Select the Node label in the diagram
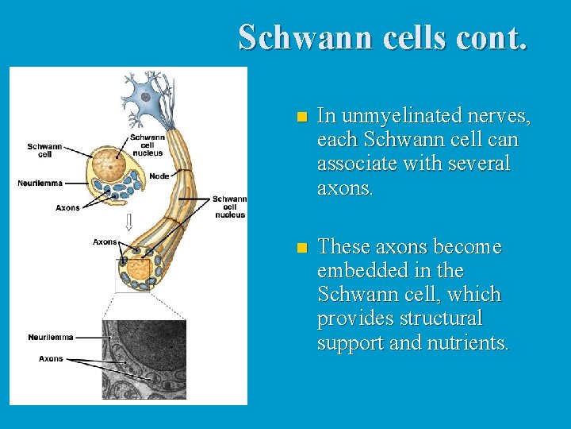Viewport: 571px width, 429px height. click(x=159, y=176)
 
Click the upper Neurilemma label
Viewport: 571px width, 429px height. click(x=40, y=184)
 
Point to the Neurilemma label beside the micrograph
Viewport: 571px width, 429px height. click(x=50, y=338)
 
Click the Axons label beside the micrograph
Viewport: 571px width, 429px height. click(x=51, y=359)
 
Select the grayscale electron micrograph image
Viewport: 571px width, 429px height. click(x=144, y=359)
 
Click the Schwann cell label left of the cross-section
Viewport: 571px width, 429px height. click(x=44, y=151)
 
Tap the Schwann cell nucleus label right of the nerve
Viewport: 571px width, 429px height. click(x=229, y=207)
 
